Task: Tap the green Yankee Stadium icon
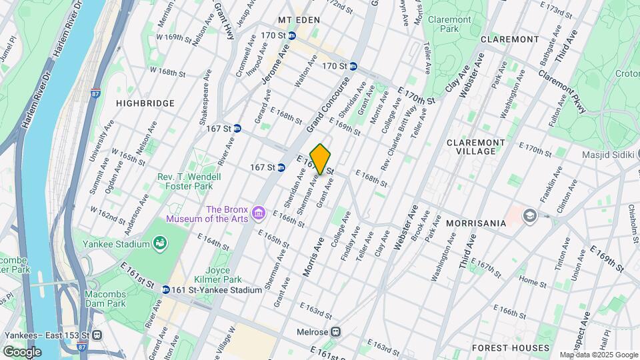click(160, 245)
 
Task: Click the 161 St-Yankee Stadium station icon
click(165, 290)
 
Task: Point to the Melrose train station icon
click(337, 331)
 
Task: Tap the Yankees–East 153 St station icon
click(97, 335)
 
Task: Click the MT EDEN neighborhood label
click(299, 21)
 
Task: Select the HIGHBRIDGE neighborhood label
click(145, 103)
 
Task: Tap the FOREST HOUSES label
click(501, 348)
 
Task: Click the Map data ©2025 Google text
click(598, 355)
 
